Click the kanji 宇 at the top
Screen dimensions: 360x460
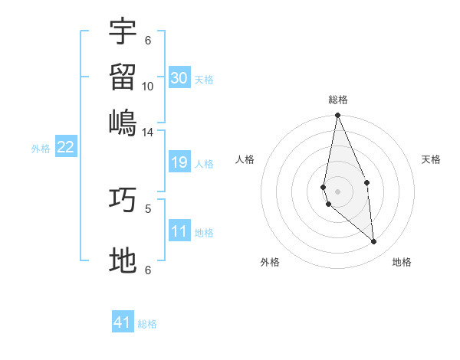click(123, 31)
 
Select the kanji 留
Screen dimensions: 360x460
click(123, 77)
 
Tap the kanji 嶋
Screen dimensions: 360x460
click(123, 122)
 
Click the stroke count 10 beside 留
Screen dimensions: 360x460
click(148, 87)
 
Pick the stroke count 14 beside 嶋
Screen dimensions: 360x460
click(148, 133)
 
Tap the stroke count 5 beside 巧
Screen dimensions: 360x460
click(148, 208)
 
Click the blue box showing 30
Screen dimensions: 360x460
click(179, 78)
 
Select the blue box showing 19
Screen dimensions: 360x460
click(179, 162)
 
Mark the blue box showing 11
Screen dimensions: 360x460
click(179, 231)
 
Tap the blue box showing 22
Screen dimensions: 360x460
click(65, 147)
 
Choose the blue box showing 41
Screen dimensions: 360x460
click(123, 322)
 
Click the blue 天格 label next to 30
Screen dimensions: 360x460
click(204, 80)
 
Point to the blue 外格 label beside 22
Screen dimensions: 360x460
click(41, 149)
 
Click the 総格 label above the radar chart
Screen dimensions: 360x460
click(338, 100)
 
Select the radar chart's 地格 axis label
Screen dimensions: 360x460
click(402, 262)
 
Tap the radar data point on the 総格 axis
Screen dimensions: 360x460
click(337, 116)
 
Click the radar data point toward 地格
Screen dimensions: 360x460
click(374, 241)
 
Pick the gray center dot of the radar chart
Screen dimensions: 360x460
click(337, 191)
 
